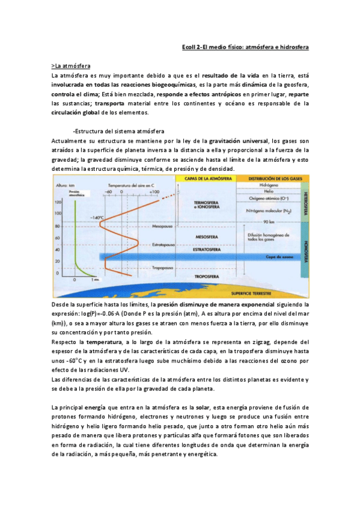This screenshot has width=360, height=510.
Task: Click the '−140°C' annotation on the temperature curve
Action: click(97, 217)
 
